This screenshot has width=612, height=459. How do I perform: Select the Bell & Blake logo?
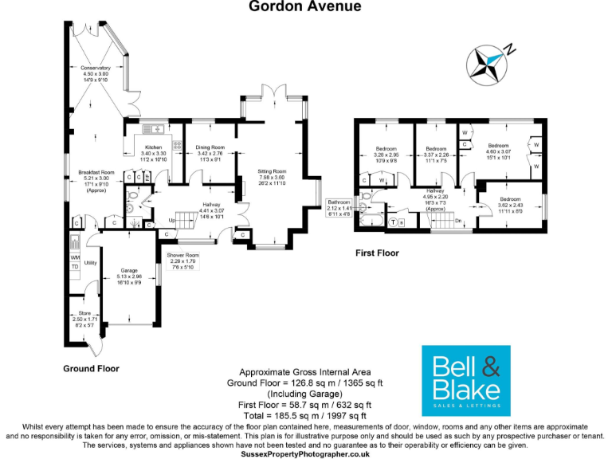click(x=465, y=381)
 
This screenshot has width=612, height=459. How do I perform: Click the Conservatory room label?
click(x=95, y=69)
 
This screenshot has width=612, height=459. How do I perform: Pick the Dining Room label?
click(x=210, y=147)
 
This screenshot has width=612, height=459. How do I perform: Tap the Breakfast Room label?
click(x=96, y=173)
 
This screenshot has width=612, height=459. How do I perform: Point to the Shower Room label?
click(x=182, y=256)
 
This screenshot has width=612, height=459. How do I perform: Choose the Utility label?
click(x=89, y=261)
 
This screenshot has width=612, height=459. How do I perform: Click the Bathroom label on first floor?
click(x=339, y=202)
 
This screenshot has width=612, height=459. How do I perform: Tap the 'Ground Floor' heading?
click(x=92, y=369)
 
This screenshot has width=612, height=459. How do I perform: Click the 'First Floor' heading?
click(x=377, y=253)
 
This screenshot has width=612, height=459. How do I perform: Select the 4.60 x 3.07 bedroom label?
click(x=498, y=146)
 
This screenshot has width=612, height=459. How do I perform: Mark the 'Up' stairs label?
click(x=172, y=220)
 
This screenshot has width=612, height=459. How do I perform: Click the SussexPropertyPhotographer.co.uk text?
click(x=306, y=453)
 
